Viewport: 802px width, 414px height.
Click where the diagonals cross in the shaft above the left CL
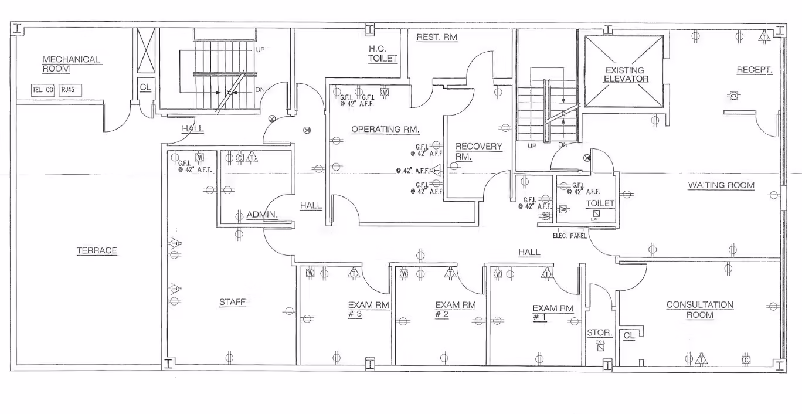147,50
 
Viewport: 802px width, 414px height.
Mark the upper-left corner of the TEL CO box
31,84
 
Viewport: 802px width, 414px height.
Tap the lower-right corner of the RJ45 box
81,96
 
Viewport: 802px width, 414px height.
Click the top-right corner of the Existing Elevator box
663,35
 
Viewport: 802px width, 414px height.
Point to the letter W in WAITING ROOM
692,185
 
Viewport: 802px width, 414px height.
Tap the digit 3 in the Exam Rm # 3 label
359,314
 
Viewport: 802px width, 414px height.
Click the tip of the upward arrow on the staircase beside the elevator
564,119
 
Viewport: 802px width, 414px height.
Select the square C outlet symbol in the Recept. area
733,96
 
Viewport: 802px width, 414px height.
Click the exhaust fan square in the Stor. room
601,347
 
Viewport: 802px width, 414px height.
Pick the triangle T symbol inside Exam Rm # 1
547,274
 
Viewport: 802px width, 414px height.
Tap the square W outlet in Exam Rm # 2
404,274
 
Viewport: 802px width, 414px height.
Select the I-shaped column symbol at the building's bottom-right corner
780,365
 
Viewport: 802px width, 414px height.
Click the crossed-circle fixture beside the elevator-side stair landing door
587,158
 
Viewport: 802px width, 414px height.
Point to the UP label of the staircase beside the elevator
532,146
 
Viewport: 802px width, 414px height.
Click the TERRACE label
97,250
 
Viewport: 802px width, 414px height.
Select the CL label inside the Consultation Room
629,335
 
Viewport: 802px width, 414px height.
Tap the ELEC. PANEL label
570,236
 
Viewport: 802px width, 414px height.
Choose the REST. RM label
437,37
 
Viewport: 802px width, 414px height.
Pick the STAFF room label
232,302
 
